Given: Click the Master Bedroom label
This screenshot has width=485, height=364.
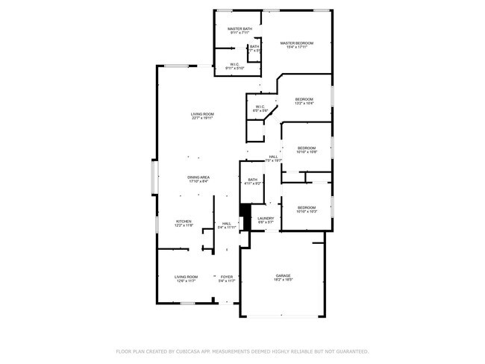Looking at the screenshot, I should (296, 43).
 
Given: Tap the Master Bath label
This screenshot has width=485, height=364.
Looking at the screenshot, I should (240, 28).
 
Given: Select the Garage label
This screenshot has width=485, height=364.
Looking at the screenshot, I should (282, 275).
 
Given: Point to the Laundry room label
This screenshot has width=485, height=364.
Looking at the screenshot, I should (266, 218).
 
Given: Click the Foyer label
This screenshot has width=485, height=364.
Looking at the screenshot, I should (227, 277).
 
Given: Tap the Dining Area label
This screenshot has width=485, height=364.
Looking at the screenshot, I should (198, 177).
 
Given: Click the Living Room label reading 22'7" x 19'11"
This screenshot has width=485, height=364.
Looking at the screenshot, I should (202, 113).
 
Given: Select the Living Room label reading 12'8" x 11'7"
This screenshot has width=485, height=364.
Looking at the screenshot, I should (186, 277).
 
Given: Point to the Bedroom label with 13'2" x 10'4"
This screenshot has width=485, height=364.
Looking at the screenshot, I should (304, 99).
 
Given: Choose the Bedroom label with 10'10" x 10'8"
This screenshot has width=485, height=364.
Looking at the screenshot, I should (307, 148).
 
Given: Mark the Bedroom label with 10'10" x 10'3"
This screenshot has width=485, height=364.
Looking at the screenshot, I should (307, 207).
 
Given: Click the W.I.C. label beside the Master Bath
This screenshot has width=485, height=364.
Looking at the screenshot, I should (234, 64).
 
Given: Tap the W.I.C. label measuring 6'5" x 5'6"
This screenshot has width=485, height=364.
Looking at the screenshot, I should (260, 107).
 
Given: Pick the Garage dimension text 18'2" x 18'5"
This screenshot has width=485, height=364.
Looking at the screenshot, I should (282, 280).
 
